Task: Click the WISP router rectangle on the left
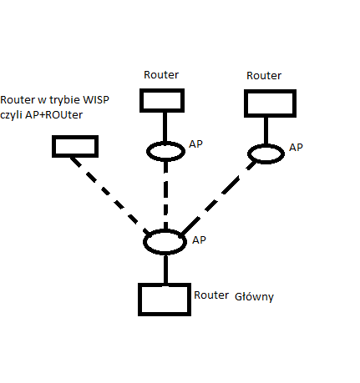75,147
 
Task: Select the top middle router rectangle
162,100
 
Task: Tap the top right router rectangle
269,103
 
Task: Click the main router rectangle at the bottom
165,299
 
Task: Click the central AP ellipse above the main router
164,242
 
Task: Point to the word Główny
255,296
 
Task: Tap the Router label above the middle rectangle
161,74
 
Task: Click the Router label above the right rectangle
264,76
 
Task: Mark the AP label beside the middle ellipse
196,144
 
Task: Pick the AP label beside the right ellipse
296,147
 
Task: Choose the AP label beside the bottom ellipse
199,239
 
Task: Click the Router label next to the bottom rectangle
210,295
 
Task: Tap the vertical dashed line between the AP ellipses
166,196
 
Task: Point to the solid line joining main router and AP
165,269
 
